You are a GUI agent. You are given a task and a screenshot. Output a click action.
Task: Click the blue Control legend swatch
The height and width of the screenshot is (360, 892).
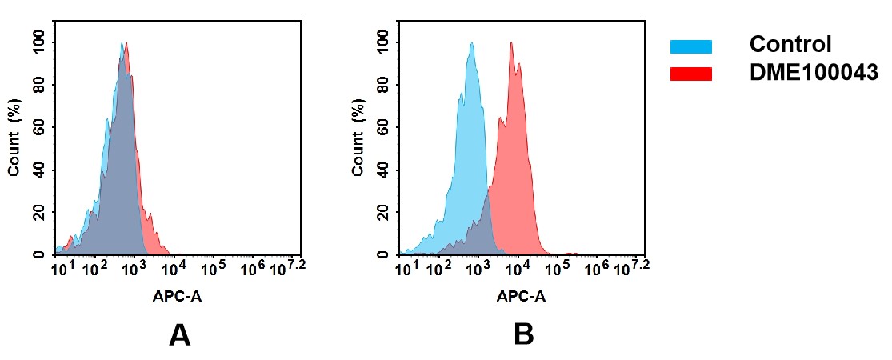(x=690, y=46)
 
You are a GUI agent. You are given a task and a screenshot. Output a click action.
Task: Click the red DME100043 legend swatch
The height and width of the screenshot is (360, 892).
(x=690, y=74)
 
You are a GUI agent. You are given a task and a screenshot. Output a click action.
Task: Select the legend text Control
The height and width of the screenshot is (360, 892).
(x=790, y=45)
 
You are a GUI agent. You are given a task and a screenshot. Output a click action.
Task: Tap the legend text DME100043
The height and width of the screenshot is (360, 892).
(x=814, y=73)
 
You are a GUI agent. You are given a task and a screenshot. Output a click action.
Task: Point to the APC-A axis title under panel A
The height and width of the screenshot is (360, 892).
(x=178, y=297)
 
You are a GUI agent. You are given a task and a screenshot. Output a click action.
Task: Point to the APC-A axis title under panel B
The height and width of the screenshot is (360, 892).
(x=521, y=297)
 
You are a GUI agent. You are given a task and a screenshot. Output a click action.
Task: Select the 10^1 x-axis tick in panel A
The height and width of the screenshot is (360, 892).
(x=63, y=269)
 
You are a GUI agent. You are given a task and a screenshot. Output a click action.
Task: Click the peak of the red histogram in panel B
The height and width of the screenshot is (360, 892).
(x=510, y=44)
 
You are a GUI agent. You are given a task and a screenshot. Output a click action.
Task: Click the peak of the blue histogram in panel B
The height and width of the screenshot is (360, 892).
(x=470, y=44)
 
